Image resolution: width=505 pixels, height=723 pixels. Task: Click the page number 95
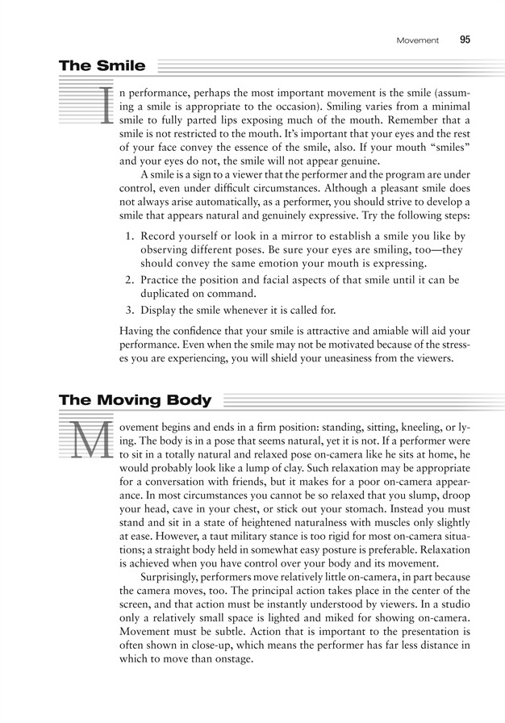pyautogui.click(x=465, y=40)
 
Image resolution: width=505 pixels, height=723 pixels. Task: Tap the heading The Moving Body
pyautogui.click(x=135, y=400)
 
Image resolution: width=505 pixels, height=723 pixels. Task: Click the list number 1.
pyautogui.click(x=131, y=236)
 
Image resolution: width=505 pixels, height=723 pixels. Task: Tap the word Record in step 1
pyautogui.click(x=160, y=236)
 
